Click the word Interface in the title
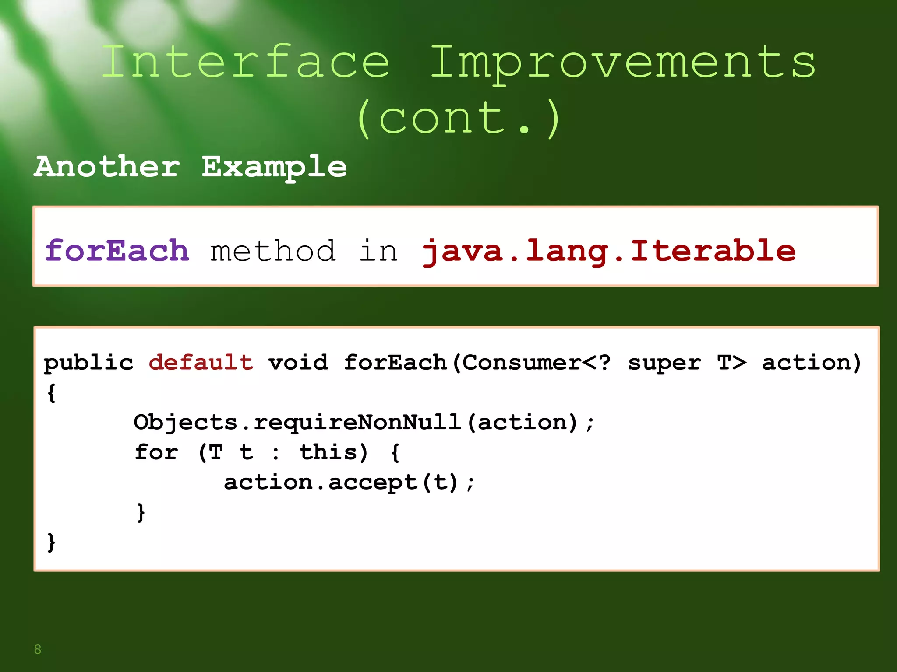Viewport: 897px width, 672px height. (x=245, y=62)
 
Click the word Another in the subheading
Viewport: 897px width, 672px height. (x=107, y=167)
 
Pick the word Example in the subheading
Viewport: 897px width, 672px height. (x=274, y=167)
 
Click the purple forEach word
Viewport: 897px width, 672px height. (x=117, y=251)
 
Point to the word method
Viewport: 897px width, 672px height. (x=273, y=251)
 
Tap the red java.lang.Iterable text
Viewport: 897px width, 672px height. (x=608, y=251)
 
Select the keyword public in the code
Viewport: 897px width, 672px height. (x=88, y=363)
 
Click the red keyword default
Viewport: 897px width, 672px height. (x=201, y=363)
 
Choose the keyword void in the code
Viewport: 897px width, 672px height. (x=298, y=363)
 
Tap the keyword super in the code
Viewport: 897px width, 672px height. (x=664, y=363)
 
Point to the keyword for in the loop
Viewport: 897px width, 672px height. (x=156, y=452)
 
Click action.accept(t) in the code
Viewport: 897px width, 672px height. (x=341, y=483)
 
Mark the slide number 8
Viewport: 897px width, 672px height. (x=38, y=649)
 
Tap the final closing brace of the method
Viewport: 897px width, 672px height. (x=51, y=542)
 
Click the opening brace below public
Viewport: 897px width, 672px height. (x=51, y=392)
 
